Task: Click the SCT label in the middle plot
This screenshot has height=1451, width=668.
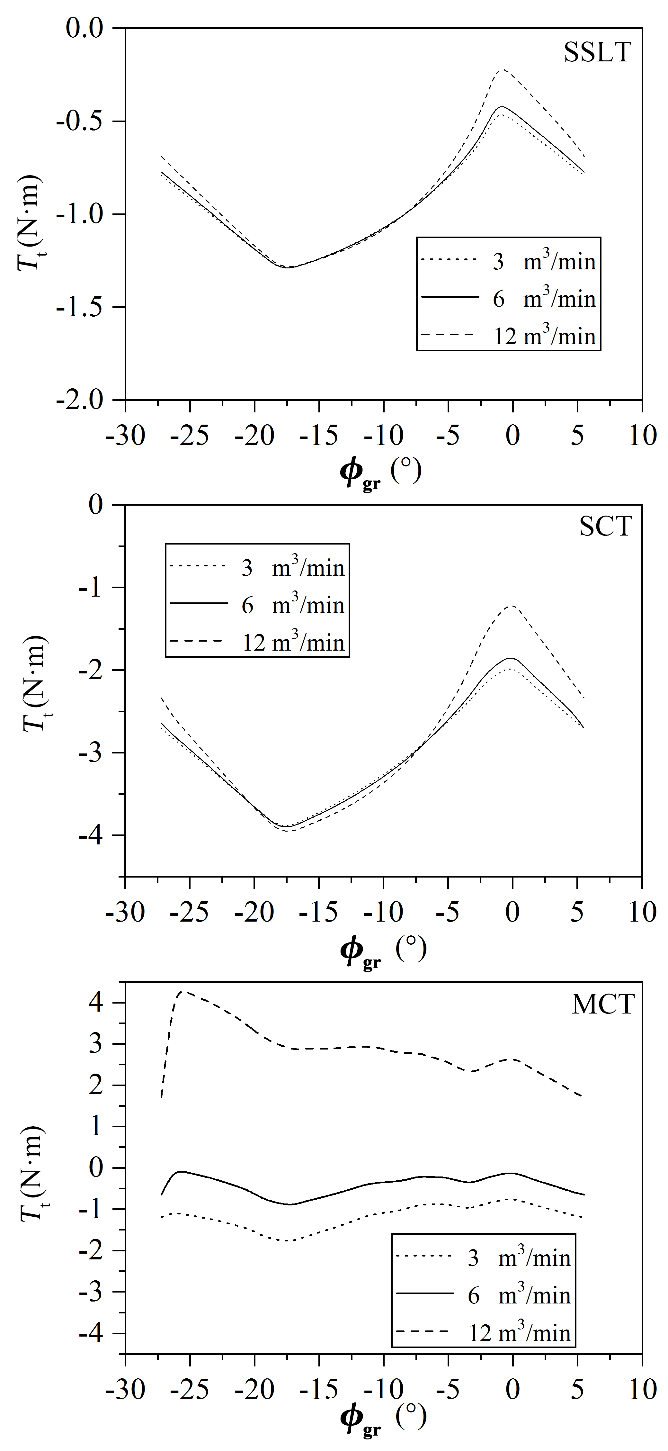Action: pyautogui.click(x=605, y=527)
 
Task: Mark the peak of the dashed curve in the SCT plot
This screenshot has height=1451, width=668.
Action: pyautogui.click(x=512, y=606)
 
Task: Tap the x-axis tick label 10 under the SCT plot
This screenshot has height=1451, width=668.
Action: pyautogui.click(x=642, y=912)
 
